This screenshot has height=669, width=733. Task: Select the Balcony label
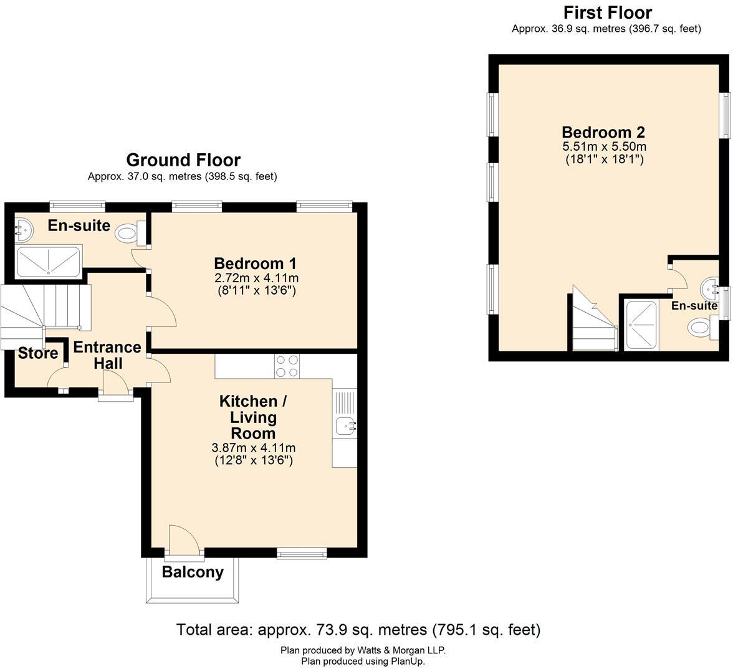click(193, 572)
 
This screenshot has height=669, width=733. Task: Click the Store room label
click(38, 353)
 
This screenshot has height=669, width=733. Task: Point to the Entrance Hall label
click(107, 355)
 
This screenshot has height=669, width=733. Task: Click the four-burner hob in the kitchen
click(287, 366)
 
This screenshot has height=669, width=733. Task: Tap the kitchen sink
click(345, 426)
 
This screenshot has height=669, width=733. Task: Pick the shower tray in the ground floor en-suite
click(48, 262)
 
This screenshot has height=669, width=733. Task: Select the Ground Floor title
click(183, 160)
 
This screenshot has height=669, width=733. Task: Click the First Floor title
click(607, 12)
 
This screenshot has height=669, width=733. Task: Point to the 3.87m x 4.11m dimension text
click(254, 448)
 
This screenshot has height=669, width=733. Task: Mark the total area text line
click(358, 630)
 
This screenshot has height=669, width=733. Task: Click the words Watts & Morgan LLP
click(402, 650)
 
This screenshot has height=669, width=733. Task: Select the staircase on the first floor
click(592, 324)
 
